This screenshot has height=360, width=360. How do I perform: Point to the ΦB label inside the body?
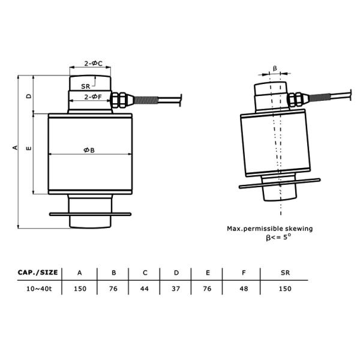[89, 150]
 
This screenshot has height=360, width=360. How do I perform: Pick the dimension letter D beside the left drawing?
[28, 96]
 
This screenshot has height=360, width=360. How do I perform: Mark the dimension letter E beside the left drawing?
[28, 148]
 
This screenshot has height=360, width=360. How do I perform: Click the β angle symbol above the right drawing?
[275, 68]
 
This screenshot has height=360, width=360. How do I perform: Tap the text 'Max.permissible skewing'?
[269, 229]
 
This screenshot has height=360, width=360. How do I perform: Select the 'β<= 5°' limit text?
[278, 238]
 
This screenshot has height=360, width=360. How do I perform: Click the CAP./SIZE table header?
[37, 272]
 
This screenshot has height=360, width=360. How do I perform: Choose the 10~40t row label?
[37, 289]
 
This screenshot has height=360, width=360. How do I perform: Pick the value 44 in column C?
[145, 289]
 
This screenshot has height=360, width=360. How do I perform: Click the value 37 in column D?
[176, 289]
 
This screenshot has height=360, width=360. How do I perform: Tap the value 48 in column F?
[243, 289]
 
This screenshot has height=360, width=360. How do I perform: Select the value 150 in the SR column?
[285, 289]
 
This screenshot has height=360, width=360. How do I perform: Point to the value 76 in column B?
[113, 289]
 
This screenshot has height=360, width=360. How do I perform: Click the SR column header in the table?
[285, 272]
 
